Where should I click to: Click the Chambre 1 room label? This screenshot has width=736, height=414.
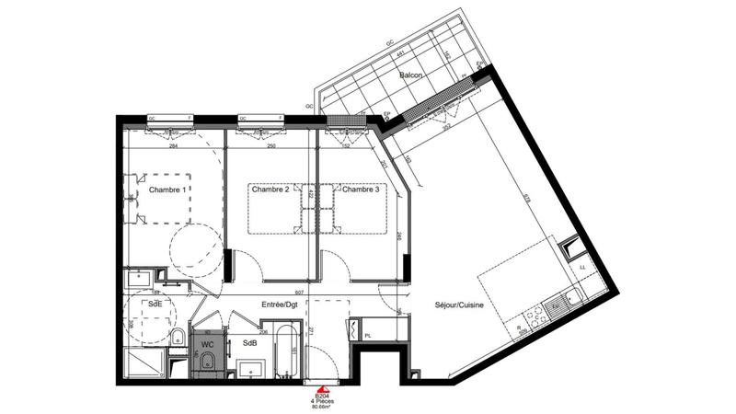pyautogui.click(x=167, y=190)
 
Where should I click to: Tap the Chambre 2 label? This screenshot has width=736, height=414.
pyautogui.click(x=269, y=190)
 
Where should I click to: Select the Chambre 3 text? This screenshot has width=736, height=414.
pyautogui.click(x=361, y=190)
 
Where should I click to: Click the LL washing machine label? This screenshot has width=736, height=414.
pyautogui.click(x=582, y=268)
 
